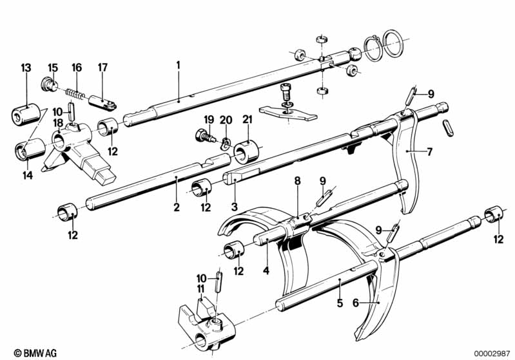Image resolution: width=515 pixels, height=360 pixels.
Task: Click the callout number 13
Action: point(26,68)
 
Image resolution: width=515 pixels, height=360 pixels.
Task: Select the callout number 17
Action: point(102,68)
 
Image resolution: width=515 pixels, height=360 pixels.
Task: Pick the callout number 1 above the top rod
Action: point(179,65)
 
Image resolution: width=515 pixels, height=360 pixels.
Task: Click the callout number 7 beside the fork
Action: point(430,151)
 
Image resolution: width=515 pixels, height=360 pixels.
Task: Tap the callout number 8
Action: point(297,180)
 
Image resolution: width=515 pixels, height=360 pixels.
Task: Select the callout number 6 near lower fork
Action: point(356,303)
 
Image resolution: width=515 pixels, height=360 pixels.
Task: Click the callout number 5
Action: point(340,303)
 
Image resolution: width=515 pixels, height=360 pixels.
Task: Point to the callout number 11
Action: point(200,289)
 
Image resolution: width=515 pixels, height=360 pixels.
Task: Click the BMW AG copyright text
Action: point(35,353)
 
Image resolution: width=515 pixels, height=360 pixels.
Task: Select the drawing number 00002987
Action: point(492,353)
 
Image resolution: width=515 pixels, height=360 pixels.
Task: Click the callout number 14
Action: point(28,175)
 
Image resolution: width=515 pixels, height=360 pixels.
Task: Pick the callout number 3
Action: point(234,207)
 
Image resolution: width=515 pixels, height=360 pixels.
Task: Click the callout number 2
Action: point(177,207)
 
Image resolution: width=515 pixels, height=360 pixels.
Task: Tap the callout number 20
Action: point(226,120)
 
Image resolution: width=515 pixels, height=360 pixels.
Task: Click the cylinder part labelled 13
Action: point(26,114)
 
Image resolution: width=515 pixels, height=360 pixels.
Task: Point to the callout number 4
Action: point(266,270)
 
